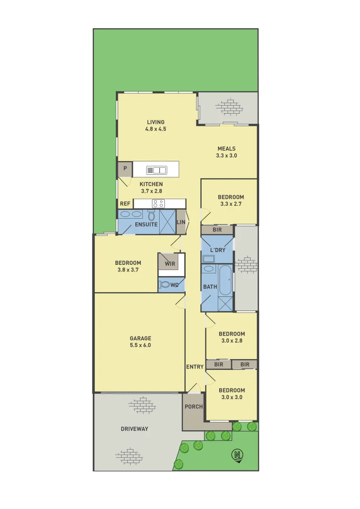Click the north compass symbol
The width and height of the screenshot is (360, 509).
pyautogui.click(x=238, y=455)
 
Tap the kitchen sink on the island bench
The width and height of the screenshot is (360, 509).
pyautogui.click(x=156, y=170)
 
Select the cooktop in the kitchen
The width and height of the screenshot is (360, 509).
pyautogui.click(x=158, y=204)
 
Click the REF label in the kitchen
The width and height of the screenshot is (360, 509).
pyautogui.click(x=125, y=204)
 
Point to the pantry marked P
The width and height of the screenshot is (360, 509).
pyautogui.click(x=125, y=169)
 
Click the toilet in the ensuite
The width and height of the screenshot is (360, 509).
pyautogui.click(x=151, y=216)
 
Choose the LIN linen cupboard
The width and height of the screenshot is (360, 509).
pyautogui.click(x=181, y=222)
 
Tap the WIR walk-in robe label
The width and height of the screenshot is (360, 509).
pyautogui.click(x=170, y=263)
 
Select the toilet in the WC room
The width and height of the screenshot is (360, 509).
pyautogui.click(x=165, y=285)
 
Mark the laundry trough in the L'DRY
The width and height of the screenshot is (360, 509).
pyautogui.click(x=208, y=259)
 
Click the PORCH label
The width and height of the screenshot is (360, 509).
pyautogui.click(x=193, y=407)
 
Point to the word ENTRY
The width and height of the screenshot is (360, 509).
pyautogui.click(x=195, y=367)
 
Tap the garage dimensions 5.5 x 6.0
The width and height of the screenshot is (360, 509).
pyautogui.click(x=140, y=345)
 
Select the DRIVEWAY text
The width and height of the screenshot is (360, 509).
pyautogui.click(x=134, y=429)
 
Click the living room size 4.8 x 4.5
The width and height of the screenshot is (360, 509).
pyautogui.click(x=155, y=129)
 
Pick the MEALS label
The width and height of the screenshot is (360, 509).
pyautogui.click(x=226, y=148)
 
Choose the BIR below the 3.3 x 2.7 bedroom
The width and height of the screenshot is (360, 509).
pyautogui.click(x=217, y=230)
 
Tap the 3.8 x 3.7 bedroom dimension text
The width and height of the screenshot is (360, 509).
pyautogui.click(x=128, y=270)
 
